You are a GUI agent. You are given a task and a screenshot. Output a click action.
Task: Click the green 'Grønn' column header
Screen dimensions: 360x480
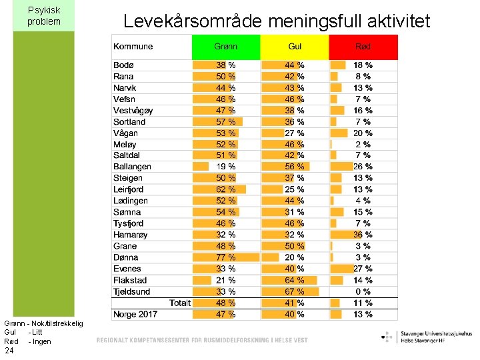226,47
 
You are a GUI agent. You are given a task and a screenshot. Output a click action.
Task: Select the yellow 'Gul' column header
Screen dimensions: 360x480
295,47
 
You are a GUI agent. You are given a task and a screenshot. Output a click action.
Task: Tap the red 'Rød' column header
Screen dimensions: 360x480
363,47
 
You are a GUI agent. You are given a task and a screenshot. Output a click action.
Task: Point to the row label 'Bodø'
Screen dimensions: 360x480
124,65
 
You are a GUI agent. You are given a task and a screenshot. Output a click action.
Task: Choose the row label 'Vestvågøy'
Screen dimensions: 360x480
133,111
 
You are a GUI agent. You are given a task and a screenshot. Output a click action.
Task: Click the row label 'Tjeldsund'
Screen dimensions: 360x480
132,291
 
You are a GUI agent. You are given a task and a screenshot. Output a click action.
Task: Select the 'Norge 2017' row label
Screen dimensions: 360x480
135,314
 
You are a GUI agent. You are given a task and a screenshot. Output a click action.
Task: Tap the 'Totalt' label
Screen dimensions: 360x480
180,303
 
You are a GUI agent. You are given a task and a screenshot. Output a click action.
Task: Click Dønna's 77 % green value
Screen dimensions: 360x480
225,257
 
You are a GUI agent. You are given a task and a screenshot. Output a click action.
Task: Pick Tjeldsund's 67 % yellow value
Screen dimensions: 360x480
295,291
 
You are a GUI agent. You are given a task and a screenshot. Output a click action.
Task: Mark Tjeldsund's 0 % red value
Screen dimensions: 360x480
363,291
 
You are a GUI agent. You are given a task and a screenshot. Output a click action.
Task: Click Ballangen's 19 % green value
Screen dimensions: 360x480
225,167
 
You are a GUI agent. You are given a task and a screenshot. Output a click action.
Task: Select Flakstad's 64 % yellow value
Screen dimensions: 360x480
295,280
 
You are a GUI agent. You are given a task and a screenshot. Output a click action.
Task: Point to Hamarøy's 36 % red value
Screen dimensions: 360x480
363,235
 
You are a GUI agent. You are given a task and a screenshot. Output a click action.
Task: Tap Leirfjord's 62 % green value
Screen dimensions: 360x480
225,189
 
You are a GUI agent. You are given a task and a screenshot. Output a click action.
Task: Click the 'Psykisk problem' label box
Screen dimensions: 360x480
44,16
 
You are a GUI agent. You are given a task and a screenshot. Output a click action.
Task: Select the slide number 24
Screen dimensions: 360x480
9,351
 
